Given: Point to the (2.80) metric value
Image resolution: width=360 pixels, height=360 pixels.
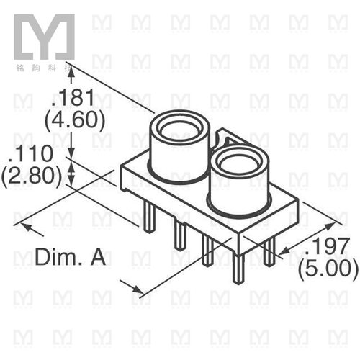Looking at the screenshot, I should tap(31, 175).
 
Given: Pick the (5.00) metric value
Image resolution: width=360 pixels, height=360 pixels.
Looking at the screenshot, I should tap(329, 269).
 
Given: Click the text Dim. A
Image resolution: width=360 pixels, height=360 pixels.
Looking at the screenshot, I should tap(71, 257).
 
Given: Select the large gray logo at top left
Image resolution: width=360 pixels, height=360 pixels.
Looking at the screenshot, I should tap(44, 37).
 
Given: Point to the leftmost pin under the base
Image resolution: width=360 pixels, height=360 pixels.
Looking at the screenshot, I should tap(148, 217).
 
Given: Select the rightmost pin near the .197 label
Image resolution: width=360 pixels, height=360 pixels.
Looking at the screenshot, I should tap(269, 251).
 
